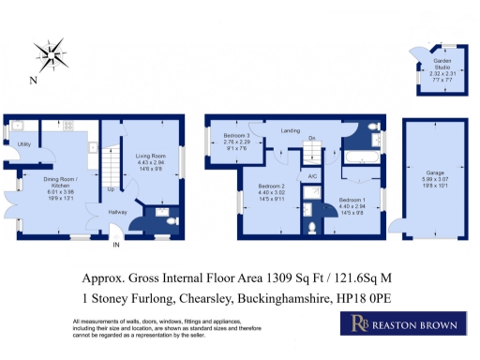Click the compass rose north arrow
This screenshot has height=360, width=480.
[51, 55]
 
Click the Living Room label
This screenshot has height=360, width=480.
[150, 157]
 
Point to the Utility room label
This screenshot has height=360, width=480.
[25, 145]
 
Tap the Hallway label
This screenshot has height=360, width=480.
[117, 212]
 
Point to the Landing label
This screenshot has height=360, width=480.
[291, 132]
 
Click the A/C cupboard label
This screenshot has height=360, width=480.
[310, 176]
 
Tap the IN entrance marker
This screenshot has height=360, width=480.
[116, 245]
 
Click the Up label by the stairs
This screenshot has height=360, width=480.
[112, 189]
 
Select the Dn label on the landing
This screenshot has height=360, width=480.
[311, 138]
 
